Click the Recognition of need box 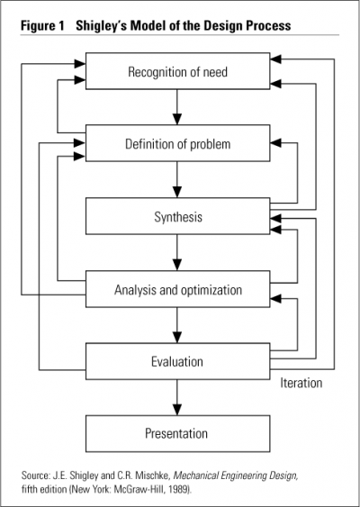click(177, 71)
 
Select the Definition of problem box click(177, 143)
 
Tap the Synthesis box click(177, 216)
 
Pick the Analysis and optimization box click(177, 289)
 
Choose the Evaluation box click(177, 361)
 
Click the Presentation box click(177, 433)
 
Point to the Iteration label click(301, 383)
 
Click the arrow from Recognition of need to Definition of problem click(177, 107)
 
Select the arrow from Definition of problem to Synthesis click(177, 179)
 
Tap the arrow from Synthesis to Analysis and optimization click(177, 252)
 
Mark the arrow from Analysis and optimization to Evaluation click(177, 325)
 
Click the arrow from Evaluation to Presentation click(177, 397)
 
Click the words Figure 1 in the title click(42, 26)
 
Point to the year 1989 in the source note click(182, 489)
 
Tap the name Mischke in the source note click(151, 475)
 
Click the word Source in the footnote click(35, 475)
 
